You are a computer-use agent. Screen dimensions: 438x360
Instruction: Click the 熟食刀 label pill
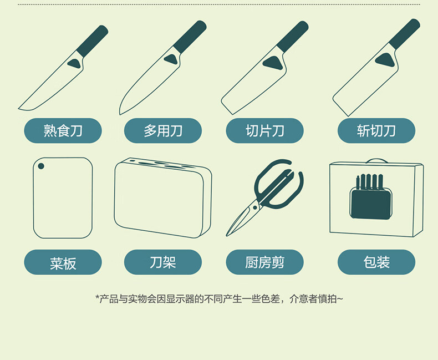[63, 130]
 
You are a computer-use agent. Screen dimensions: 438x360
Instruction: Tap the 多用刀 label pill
[163, 130]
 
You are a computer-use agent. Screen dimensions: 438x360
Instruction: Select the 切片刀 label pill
[264, 130]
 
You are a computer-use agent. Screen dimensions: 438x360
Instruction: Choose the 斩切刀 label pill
[376, 130]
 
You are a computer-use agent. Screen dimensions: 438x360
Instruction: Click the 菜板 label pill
[63, 262]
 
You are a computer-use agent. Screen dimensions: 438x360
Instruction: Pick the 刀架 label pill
[163, 262]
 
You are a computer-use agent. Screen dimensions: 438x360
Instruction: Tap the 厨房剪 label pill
[264, 262]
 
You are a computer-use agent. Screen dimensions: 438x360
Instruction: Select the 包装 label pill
[376, 262]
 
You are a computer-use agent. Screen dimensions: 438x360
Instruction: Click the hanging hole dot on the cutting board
[41, 166]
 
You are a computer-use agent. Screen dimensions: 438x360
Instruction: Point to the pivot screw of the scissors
[254, 207]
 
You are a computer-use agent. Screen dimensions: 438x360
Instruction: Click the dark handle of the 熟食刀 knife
[93, 41]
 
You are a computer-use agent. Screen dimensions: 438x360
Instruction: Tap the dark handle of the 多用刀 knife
[190, 37]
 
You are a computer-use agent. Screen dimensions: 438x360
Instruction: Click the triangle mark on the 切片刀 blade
[272, 63]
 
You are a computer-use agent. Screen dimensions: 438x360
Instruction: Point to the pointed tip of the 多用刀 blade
[120, 114]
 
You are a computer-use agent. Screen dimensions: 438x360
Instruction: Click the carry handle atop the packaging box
[376, 161]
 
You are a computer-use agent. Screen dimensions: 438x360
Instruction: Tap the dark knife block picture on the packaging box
[371, 197]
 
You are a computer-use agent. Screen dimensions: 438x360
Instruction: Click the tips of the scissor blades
[227, 235]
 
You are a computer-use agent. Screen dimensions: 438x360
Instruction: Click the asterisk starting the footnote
[97, 297]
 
